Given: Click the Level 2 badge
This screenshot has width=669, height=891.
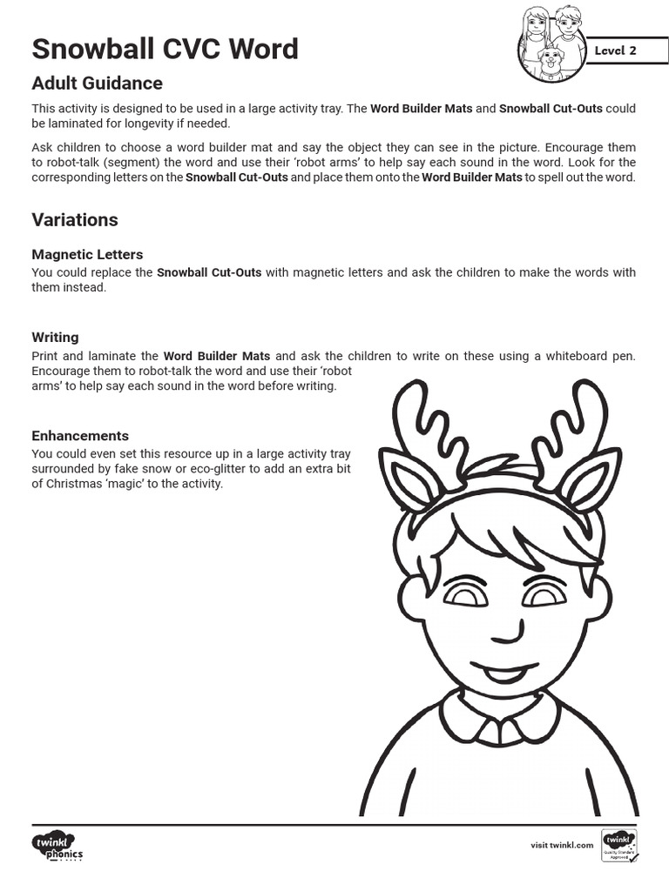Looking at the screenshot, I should pos(615,50).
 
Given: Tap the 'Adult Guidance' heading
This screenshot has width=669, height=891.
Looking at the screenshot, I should pos(97,84).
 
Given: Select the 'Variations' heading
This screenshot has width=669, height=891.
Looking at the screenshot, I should pos(75,219).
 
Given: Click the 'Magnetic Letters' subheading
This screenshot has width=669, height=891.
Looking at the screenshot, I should pos(87,254).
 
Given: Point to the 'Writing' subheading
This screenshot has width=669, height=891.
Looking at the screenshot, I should pos(55,337).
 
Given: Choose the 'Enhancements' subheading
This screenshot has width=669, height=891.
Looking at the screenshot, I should pos(80,435).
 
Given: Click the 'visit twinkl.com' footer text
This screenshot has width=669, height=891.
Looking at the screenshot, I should pos(562,845).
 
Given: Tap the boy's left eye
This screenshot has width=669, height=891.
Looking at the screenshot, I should pos(465,595).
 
